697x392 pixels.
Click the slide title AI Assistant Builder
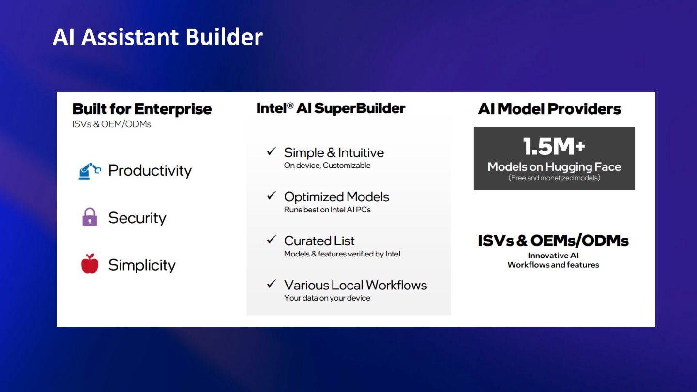[158, 37]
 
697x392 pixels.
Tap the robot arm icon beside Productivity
[90, 171]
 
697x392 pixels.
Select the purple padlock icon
[90, 216]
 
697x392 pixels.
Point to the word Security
[137, 218]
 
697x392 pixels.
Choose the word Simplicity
[142, 265]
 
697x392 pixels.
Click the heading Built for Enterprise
[142, 109]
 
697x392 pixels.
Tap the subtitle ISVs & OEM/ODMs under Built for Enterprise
[112, 124]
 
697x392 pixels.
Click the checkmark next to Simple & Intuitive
[272, 151]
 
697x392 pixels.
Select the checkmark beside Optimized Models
[272, 196]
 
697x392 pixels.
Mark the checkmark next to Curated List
[272, 240]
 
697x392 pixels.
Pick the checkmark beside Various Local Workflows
[272, 284]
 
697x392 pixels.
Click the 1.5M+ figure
[554, 147]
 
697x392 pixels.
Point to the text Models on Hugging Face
[554, 167]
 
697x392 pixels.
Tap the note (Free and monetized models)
[554, 178]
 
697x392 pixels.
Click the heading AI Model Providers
[549, 109]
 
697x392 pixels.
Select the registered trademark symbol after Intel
[290, 106]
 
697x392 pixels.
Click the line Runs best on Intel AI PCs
[327, 210]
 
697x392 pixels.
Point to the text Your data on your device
[327, 298]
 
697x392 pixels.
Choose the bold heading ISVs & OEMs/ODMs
[553, 241]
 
